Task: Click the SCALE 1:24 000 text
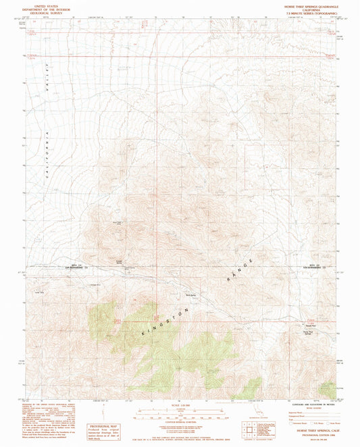(x=179, y=402)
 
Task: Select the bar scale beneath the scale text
(x=179, y=410)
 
